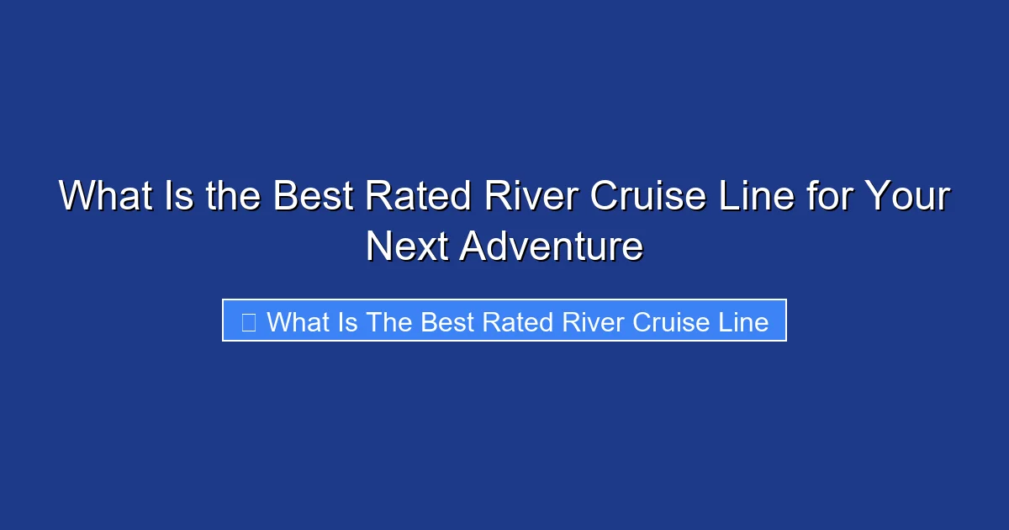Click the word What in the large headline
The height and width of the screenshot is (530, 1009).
click(x=106, y=198)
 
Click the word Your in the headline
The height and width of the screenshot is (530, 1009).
click(x=909, y=198)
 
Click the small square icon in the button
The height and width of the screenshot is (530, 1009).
click(x=248, y=321)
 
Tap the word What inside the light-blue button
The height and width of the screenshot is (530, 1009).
click(x=298, y=321)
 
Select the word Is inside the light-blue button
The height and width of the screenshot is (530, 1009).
click(x=348, y=321)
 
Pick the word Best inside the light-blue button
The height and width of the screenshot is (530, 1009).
click(x=446, y=321)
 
